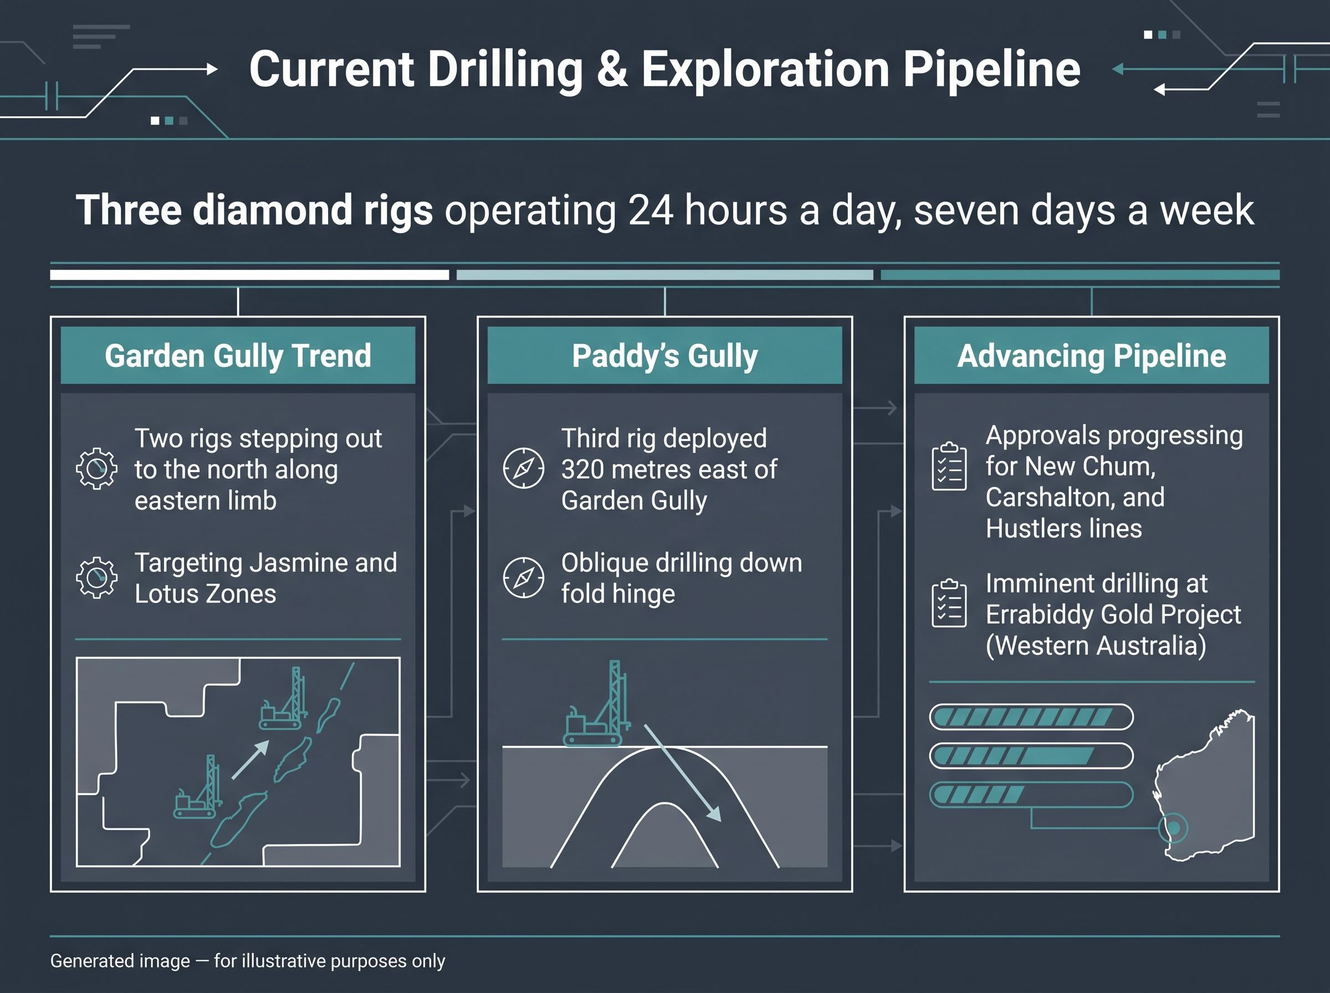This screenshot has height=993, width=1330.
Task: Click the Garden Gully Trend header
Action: pos(238,355)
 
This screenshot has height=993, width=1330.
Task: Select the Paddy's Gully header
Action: pos(664,355)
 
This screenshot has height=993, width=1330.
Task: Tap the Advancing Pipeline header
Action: pos(1091,355)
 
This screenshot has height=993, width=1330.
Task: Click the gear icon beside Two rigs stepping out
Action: pos(97,469)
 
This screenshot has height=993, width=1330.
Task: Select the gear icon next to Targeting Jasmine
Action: pos(97,577)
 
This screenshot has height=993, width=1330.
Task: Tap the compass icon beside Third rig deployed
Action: pos(524,468)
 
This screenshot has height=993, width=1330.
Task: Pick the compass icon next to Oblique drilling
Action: pos(524,577)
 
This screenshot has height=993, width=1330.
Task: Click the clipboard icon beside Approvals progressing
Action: pos(949,467)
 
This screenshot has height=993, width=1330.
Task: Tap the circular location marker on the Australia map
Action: pos(1173,828)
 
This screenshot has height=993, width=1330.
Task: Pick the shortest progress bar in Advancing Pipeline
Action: pos(1031,795)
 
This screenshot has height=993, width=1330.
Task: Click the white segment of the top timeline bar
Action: pos(249,275)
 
